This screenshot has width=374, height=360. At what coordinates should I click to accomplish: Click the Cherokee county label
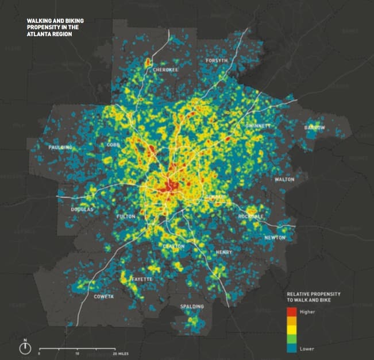pos(165,70)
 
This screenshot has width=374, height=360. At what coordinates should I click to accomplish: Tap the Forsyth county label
pos(217,60)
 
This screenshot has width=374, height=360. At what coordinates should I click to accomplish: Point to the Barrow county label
pos(315,127)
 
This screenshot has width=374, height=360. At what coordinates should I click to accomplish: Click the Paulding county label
pos(60,148)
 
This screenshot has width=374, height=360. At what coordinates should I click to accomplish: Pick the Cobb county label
pos(113,145)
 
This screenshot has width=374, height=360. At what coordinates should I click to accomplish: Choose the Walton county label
pos(284,179)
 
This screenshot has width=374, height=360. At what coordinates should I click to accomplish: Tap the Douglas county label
pos(82,210)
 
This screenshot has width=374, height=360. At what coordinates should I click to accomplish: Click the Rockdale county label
pos(251,216)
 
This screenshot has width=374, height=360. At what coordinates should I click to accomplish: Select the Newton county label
pos(275,238)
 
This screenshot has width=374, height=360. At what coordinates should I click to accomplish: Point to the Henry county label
pos(224,252)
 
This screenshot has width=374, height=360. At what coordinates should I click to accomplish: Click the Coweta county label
pos(104,297)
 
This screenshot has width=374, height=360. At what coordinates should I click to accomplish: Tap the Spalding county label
pos(192,307)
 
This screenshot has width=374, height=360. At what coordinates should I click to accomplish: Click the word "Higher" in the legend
pos(307,311)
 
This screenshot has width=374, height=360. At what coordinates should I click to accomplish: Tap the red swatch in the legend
pos(291,312)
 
